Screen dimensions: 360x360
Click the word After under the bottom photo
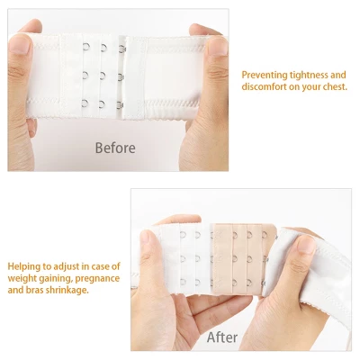(221, 337)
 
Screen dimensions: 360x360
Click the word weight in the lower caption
(23, 279)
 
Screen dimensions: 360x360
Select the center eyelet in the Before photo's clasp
(104, 74)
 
